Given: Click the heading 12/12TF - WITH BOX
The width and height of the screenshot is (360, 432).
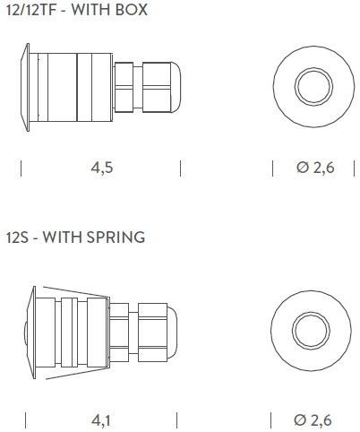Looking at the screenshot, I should [x=76, y=11].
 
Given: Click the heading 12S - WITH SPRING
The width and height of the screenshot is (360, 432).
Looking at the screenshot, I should [x=75, y=238].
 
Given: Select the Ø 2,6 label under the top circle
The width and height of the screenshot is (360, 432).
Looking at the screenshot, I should [x=314, y=168].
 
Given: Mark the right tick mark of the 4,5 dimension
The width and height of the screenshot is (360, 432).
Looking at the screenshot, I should [x=181, y=168].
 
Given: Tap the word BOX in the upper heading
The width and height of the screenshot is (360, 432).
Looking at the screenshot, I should [x=132, y=11].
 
